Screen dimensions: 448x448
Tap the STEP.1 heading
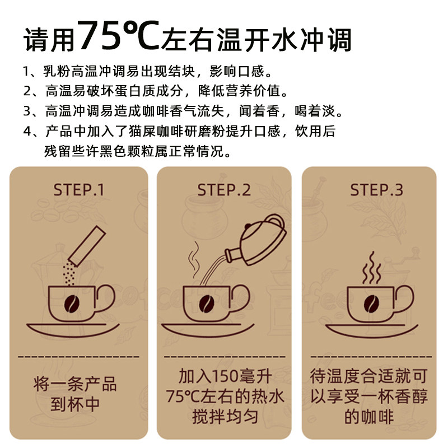pyautogui.click(x=79, y=190)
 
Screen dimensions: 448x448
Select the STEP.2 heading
pyautogui.click(x=224, y=190)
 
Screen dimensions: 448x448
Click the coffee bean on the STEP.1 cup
pyautogui.click(x=72, y=304)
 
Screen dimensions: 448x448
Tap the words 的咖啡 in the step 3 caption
pyautogui.click(x=369, y=417)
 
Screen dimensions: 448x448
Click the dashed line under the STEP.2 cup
pyautogui.click(x=224, y=356)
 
